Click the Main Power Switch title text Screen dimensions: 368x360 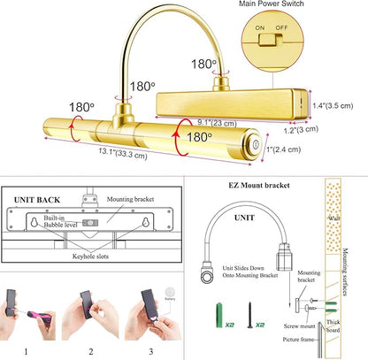(x=272, y=4)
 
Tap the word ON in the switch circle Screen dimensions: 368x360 (x=260, y=27)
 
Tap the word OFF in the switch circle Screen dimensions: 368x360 (x=281, y=27)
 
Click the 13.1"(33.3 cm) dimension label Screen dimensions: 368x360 (x=123, y=153)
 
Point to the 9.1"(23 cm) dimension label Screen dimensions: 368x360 (x=217, y=122)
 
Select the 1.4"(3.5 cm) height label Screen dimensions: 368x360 (x=333, y=105)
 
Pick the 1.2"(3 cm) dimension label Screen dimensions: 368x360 (x=301, y=129)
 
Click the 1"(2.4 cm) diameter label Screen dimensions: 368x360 (x=283, y=149)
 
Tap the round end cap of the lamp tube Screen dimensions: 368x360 (x=254, y=144)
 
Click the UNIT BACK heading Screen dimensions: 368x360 (x=37, y=200)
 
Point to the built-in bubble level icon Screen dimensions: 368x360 (x=90, y=223)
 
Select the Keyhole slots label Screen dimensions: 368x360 (x=90, y=257)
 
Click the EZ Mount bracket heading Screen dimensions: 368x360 (x=259, y=185)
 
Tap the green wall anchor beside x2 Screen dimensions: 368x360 (x=219, y=315)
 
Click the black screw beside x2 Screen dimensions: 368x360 (x=249, y=315)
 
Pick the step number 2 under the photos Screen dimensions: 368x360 (x=91, y=351)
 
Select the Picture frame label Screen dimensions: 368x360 (x=298, y=340)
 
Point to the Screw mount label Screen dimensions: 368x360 (x=299, y=326)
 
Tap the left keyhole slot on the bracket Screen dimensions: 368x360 (x=34, y=222)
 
